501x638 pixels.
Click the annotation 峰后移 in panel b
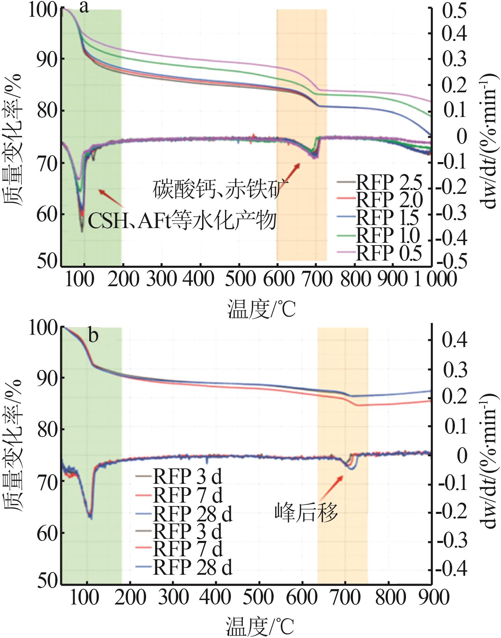306,513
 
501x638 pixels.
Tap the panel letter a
84,8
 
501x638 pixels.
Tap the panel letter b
93,335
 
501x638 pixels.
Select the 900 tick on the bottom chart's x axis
432,598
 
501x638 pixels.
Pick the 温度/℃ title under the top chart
261,309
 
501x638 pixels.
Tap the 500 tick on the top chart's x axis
240,279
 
